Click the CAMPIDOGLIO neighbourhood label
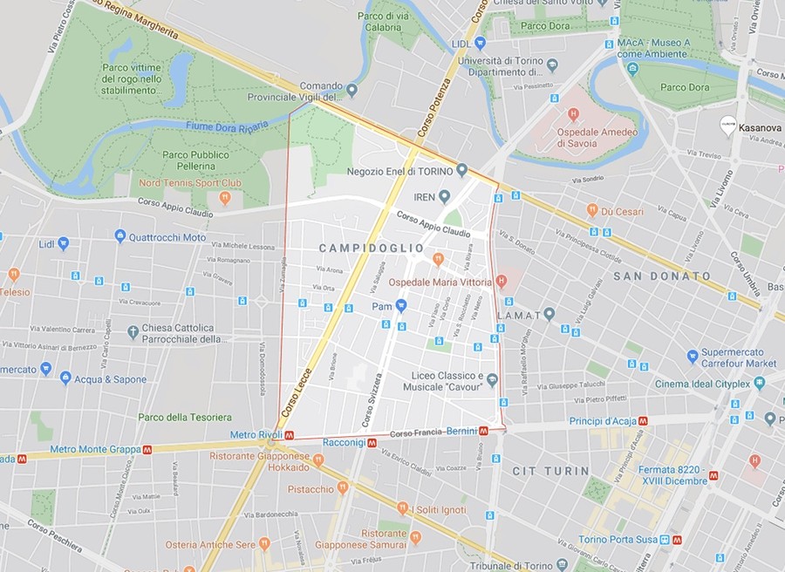(x=372, y=249)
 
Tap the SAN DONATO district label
(x=662, y=276)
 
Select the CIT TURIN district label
(x=550, y=471)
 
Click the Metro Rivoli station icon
(x=289, y=435)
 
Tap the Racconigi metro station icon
(x=372, y=443)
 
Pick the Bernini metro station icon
(x=483, y=431)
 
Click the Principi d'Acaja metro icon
(x=643, y=419)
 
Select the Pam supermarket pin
(x=401, y=306)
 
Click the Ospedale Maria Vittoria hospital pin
(x=501, y=281)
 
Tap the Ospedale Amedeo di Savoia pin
(x=573, y=114)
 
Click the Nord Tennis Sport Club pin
(x=224, y=197)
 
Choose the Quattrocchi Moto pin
(x=120, y=236)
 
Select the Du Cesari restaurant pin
(x=592, y=210)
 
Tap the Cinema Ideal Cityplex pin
(x=759, y=382)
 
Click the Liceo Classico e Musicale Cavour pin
(x=492, y=379)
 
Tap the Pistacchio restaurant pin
(x=343, y=488)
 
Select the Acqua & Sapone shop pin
(x=65, y=378)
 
